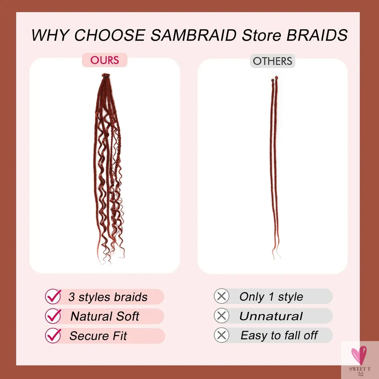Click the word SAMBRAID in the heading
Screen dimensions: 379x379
click(x=193, y=35)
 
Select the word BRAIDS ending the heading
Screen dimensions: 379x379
click(x=317, y=35)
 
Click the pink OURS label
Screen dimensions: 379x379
click(x=105, y=60)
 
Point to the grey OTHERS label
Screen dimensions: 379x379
click(x=272, y=61)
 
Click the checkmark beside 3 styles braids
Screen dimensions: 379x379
click(x=53, y=297)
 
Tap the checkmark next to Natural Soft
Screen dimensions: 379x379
click(x=53, y=316)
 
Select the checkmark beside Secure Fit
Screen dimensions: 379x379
click(x=53, y=335)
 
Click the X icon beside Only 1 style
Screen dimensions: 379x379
click(x=221, y=297)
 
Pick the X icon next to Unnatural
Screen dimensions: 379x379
click(x=221, y=316)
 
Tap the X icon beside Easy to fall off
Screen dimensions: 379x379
click(x=221, y=335)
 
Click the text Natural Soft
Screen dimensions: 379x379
click(x=105, y=316)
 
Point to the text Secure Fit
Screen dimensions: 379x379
click(x=98, y=336)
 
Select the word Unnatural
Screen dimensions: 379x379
click(x=271, y=316)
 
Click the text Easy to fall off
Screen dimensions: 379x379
click(x=279, y=335)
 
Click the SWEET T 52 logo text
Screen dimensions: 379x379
click(x=360, y=371)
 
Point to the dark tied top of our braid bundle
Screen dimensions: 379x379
click(x=105, y=76)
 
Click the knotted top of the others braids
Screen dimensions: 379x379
click(x=274, y=79)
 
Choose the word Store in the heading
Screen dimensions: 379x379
click(x=262, y=35)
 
